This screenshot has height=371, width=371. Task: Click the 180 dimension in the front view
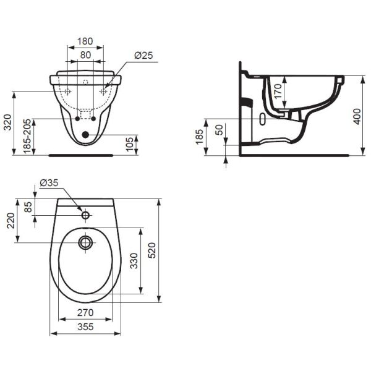pos(85,41)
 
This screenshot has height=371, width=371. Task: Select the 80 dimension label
pos(85,54)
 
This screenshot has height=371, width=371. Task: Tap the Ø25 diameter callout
pos(143,55)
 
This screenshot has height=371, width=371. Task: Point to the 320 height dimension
pos(7,123)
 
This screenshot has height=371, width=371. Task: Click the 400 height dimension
pos(356,116)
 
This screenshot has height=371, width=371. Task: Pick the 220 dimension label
pos(10,221)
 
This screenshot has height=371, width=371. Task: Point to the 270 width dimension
pos(85,313)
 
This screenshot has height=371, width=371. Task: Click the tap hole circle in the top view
pos(85,216)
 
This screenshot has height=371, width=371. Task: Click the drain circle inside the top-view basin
pos(85,242)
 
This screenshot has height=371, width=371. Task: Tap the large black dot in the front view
pos(85,134)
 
